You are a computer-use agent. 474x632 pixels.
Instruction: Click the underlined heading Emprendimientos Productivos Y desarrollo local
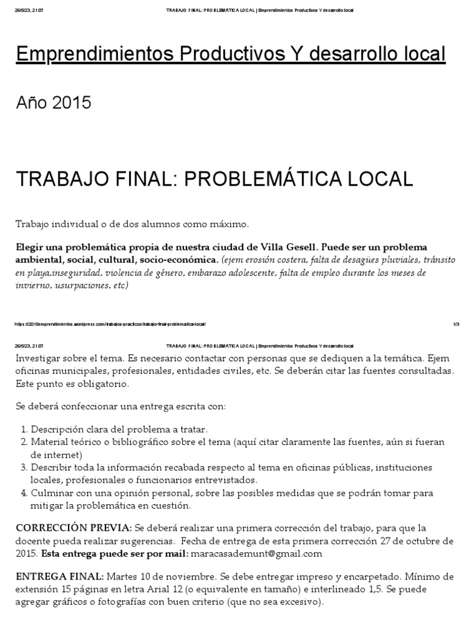[230, 55]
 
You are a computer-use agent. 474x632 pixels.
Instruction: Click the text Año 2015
[53, 103]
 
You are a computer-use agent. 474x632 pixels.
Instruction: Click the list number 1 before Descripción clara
[23, 429]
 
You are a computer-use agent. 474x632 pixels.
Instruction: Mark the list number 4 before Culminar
[23, 493]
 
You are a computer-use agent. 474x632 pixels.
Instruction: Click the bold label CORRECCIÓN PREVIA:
[73, 528]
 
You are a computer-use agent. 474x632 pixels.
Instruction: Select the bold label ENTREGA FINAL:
[60, 576]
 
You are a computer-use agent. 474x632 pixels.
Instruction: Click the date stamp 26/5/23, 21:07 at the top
[29, 10]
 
